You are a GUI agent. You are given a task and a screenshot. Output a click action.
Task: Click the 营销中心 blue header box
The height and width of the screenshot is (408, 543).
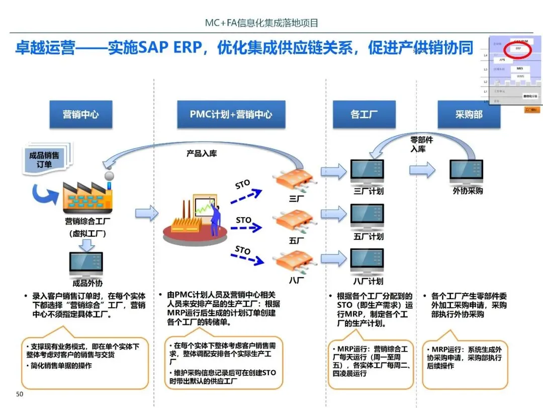(80, 114)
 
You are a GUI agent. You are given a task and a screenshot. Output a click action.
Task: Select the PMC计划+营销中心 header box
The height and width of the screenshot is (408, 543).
(231, 114)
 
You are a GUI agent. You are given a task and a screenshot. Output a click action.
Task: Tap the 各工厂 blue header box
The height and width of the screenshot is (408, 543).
(364, 114)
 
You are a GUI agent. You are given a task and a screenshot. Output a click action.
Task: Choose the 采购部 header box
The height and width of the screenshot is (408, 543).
(469, 114)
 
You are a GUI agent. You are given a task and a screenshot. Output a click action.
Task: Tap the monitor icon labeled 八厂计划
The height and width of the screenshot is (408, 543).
(367, 260)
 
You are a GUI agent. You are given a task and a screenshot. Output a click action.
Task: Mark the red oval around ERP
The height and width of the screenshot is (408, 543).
(517, 49)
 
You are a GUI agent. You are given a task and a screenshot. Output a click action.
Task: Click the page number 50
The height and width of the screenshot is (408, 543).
(20, 394)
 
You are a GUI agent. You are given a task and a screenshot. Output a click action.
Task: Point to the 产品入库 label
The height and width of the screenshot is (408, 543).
(202, 153)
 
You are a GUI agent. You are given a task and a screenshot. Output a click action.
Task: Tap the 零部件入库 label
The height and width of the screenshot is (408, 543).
(421, 144)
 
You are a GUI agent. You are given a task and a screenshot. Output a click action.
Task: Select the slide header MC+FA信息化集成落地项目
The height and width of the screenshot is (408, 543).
(262, 23)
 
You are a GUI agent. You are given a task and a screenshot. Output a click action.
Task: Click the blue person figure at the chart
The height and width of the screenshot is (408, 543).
(215, 219)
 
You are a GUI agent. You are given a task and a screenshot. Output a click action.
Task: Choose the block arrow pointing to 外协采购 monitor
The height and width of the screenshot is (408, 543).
(422, 170)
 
